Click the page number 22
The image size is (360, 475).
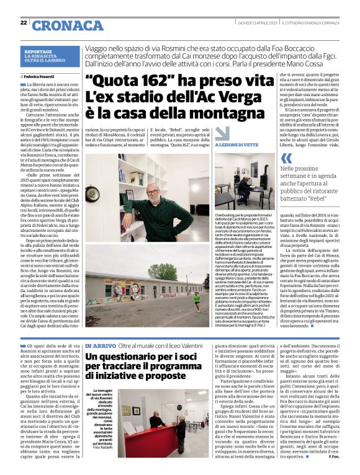click(x=24, y=23)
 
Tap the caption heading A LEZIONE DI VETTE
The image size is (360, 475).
click(x=236, y=144)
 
